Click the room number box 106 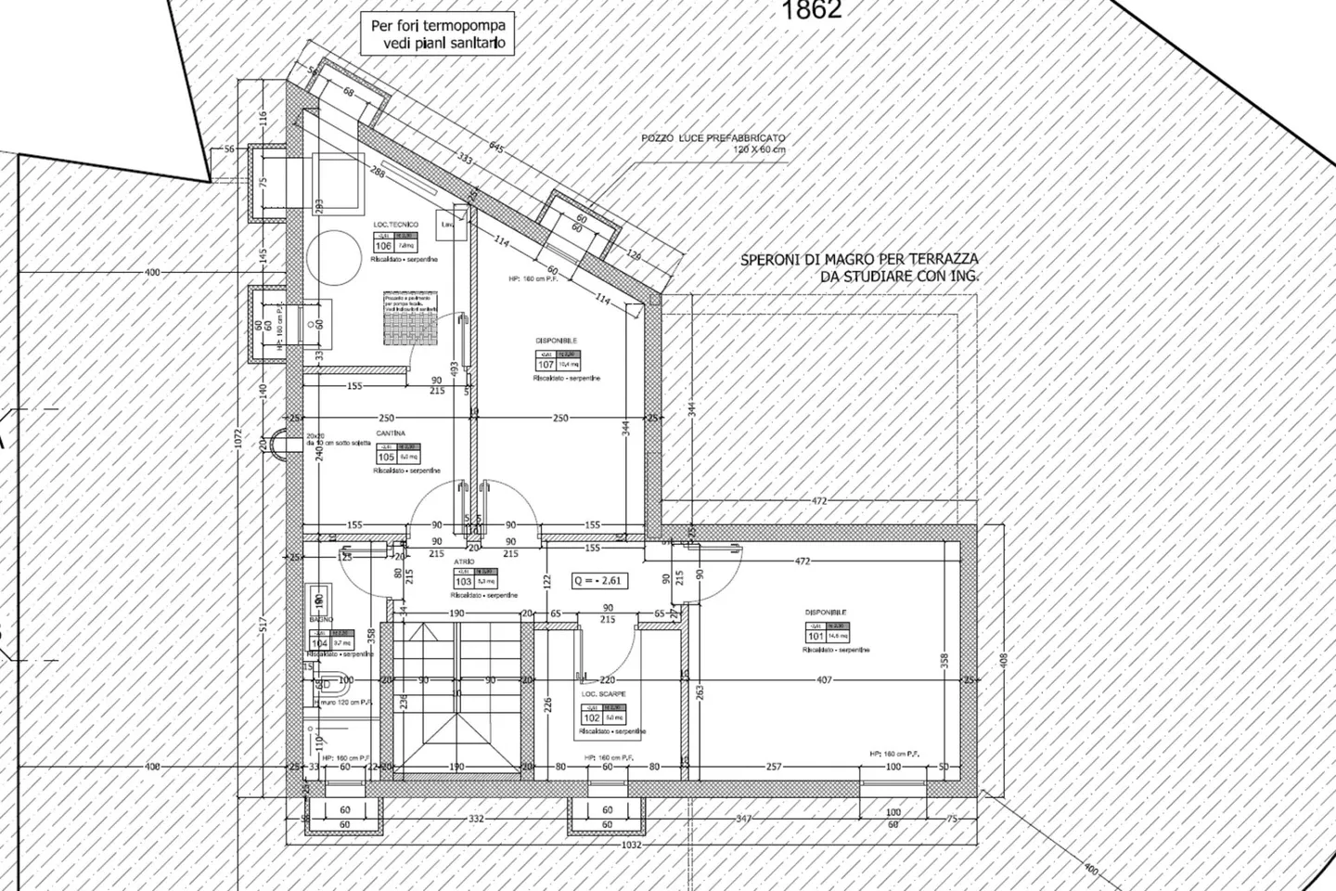(383, 246)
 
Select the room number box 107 (546, 364)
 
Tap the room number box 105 (386, 457)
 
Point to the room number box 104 (320, 643)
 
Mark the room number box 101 (816, 636)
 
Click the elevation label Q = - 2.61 (598, 581)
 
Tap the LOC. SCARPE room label (603, 694)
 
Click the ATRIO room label (464, 562)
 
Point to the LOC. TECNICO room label (396, 225)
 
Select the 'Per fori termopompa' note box (438, 35)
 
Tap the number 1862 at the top (812, 10)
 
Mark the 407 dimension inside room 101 (825, 680)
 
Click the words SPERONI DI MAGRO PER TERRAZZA (859, 261)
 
